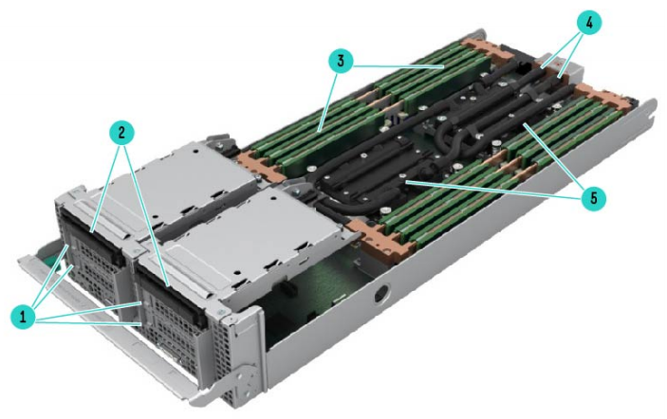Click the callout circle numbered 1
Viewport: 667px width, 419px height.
(x=24, y=317)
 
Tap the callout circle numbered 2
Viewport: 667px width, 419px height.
(x=121, y=133)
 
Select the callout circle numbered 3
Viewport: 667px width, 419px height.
(x=341, y=61)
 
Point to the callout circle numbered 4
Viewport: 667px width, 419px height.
(x=589, y=24)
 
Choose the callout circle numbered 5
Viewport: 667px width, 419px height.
(x=594, y=197)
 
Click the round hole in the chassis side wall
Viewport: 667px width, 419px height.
(x=381, y=292)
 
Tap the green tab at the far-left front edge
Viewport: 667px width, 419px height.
(x=50, y=256)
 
